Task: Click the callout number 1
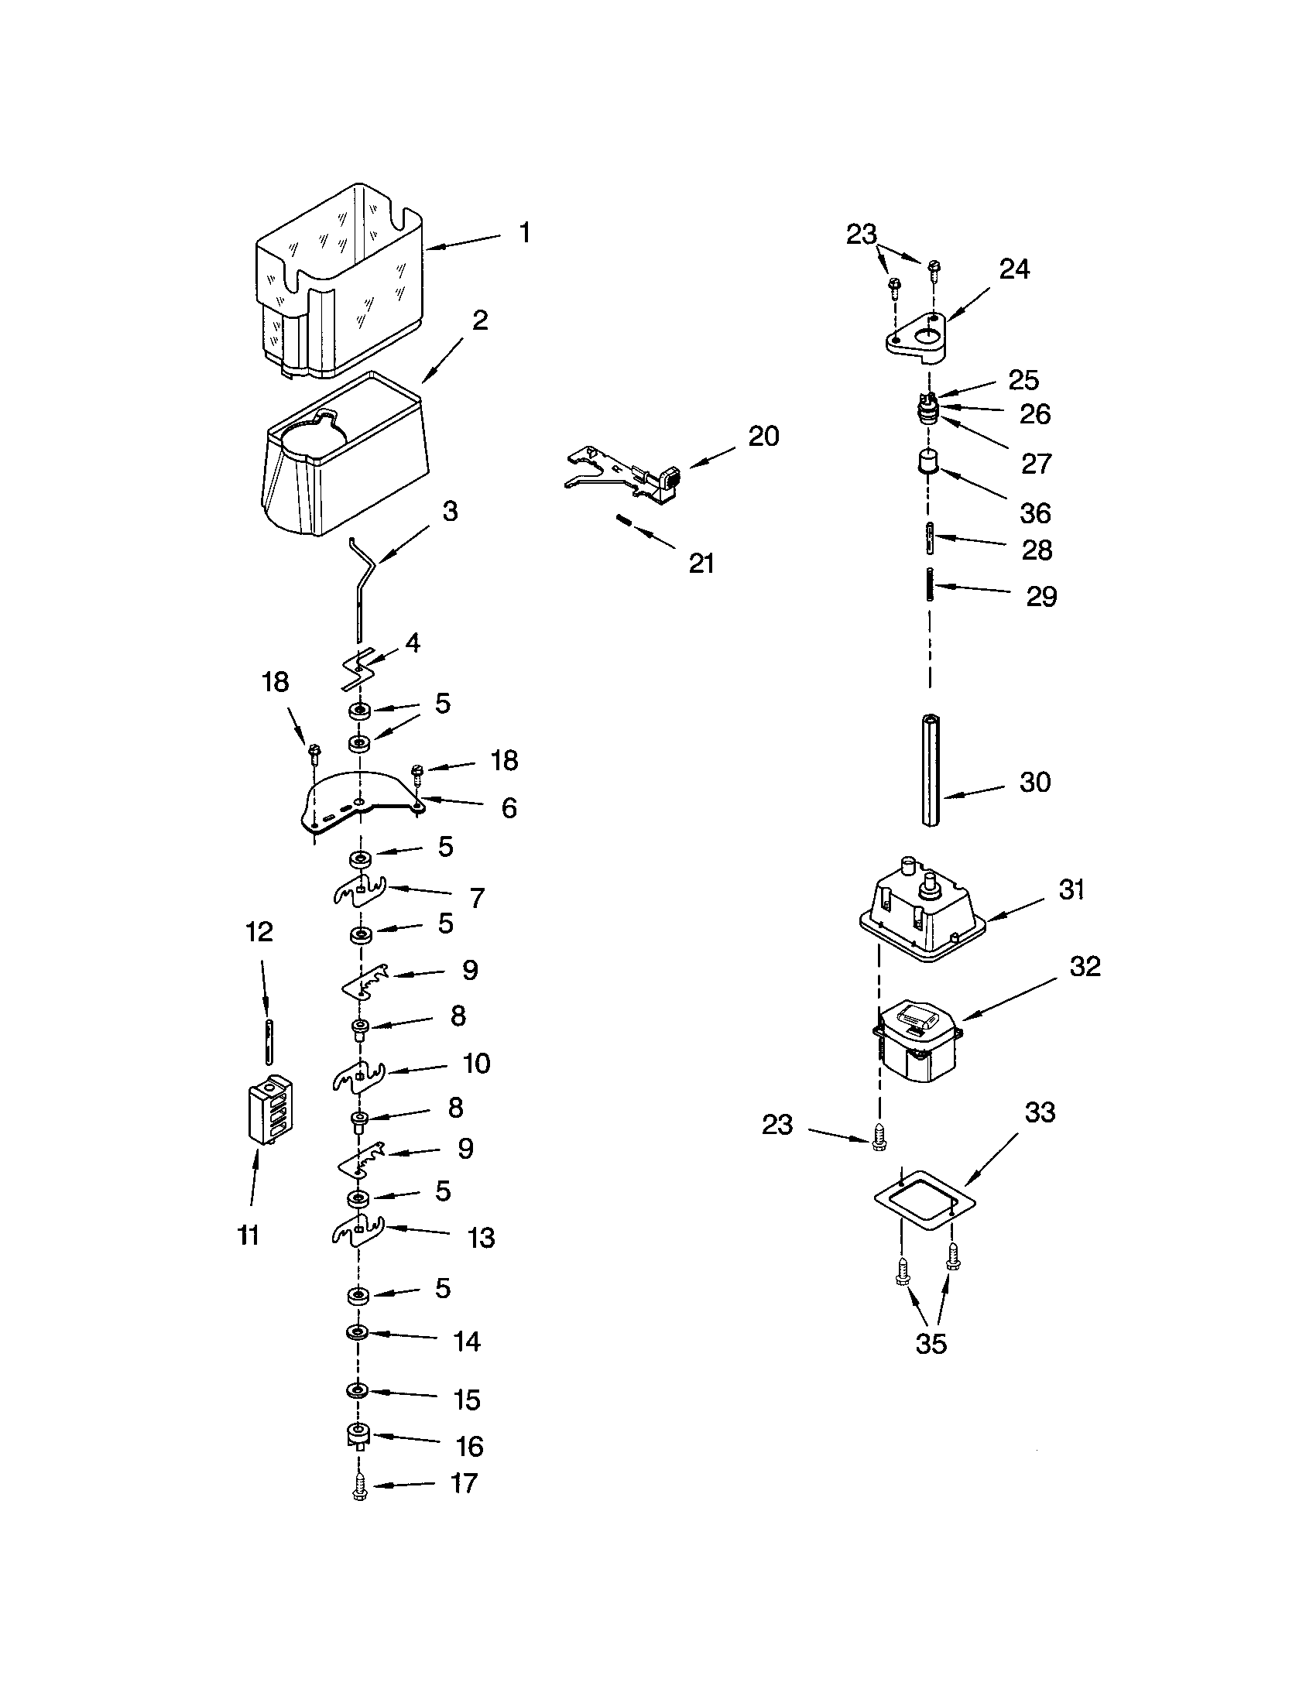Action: [525, 232]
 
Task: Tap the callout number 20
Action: [763, 437]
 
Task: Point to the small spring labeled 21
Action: [624, 521]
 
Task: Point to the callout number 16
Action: [469, 1447]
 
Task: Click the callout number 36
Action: [1035, 513]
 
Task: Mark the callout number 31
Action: [1071, 889]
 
